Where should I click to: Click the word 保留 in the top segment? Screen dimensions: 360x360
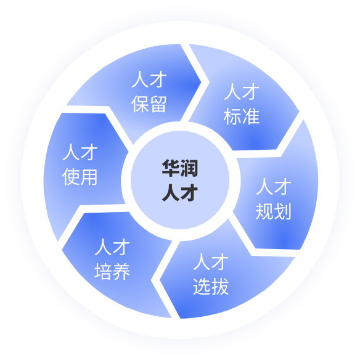[x=149, y=104]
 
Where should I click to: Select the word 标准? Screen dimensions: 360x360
[x=242, y=117]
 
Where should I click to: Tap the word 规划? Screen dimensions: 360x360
[x=274, y=211]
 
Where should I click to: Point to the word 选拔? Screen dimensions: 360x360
[x=211, y=286]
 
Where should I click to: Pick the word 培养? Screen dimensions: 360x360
[x=112, y=271]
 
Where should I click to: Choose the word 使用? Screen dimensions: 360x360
[x=80, y=176]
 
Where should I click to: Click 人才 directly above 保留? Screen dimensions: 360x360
[x=149, y=79]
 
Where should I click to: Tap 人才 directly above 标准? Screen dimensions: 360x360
[x=242, y=92]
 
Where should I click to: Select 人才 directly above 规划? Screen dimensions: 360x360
[x=274, y=186]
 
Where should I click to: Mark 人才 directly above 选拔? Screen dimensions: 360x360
[x=211, y=261]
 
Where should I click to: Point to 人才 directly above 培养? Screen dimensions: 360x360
[x=112, y=247]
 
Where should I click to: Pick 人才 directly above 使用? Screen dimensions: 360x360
[x=80, y=152]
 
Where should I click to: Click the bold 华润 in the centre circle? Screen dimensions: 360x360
[x=180, y=168]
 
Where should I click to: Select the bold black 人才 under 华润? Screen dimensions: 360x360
[x=180, y=193]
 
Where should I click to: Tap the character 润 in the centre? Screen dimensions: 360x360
[x=189, y=168]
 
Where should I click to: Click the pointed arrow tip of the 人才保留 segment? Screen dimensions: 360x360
[x=201, y=82]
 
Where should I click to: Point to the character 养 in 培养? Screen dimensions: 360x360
[x=121, y=271]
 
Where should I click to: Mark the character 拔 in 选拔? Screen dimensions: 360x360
[x=220, y=286]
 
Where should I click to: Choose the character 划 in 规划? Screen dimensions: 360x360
[x=282, y=211]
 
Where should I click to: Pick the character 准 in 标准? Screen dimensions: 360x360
[x=251, y=117]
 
